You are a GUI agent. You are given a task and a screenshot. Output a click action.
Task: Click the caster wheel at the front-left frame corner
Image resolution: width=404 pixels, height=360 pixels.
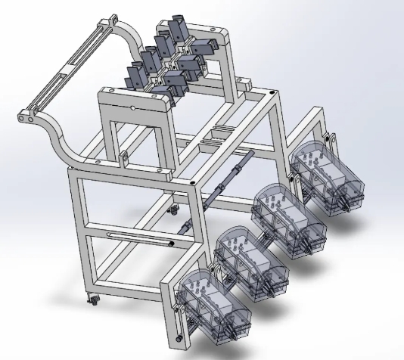[x=94, y=299]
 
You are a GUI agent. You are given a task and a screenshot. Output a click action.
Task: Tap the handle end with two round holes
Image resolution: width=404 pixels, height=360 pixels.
[x=29, y=117]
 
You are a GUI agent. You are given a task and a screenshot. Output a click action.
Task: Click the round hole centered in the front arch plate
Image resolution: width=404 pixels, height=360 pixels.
[x=134, y=108]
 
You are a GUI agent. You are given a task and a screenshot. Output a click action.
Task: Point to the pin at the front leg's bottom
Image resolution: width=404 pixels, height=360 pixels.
[x=178, y=338]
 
